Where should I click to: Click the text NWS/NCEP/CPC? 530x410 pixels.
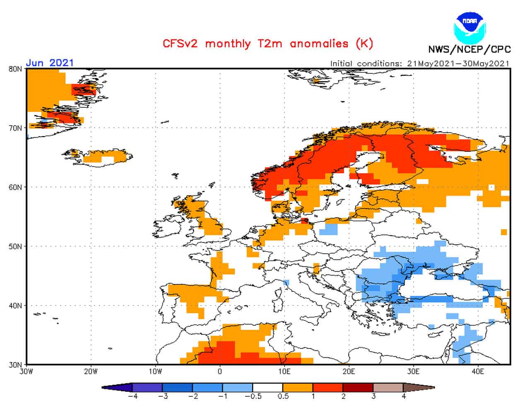[x=470, y=50]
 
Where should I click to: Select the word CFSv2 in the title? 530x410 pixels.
[x=180, y=44]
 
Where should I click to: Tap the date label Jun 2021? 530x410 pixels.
[x=50, y=63]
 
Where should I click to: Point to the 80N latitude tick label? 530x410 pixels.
[x=15, y=69]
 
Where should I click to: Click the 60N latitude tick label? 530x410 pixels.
[x=15, y=187]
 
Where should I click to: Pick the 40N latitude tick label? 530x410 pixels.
[x=15, y=306]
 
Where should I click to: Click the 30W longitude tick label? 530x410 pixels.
[x=26, y=372]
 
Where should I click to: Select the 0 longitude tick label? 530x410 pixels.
[x=220, y=372]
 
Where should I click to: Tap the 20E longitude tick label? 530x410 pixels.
[x=349, y=372]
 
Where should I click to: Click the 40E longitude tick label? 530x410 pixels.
[x=478, y=372]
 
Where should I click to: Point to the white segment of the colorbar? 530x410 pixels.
[x=267, y=388]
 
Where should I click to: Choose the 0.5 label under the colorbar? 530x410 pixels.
[x=283, y=396]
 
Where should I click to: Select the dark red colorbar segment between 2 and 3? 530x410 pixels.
[x=358, y=388]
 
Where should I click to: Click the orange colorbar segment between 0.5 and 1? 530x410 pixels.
[x=298, y=388]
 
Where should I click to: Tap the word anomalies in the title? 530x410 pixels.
[x=319, y=44]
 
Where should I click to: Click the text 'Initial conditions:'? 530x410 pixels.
[x=366, y=63]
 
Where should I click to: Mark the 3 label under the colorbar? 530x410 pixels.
[x=373, y=396]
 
